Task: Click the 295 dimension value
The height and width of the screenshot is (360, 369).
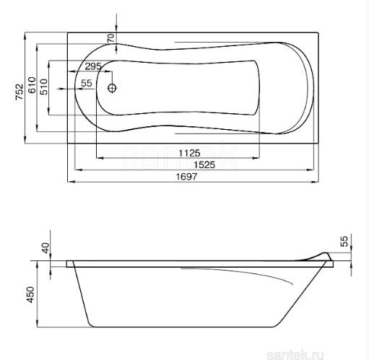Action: point(92,66)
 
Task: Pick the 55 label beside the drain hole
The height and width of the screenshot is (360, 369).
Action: point(86,84)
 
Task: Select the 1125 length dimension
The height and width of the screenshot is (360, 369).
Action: point(189,152)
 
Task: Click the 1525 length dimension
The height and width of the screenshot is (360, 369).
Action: point(189,164)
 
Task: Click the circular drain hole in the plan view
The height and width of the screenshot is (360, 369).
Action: point(112,89)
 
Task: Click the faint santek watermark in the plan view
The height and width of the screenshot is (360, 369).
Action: point(181,155)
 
